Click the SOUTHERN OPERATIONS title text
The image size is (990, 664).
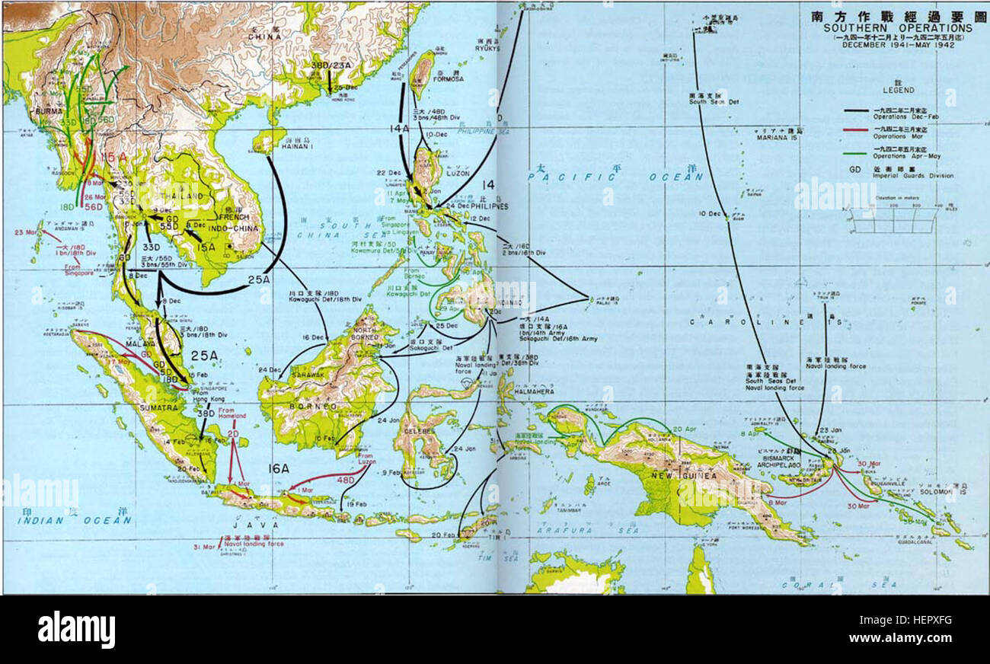[899, 28]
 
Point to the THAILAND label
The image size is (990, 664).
[180, 196]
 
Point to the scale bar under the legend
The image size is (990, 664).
[893, 221]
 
